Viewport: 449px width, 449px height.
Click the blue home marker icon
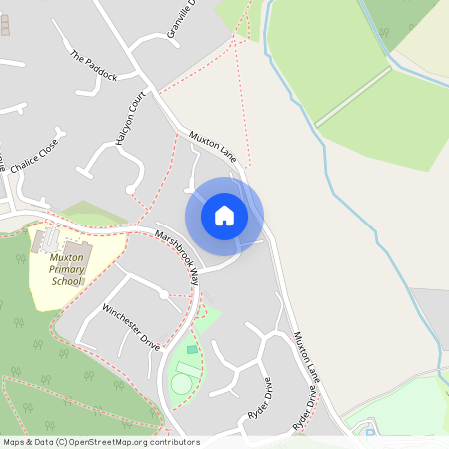pyautogui.click(x=224, y=215)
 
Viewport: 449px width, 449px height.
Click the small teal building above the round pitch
pyautogui.click(x=192, y=350)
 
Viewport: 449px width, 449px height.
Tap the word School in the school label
pyautogui.click(x=67, y=281)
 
